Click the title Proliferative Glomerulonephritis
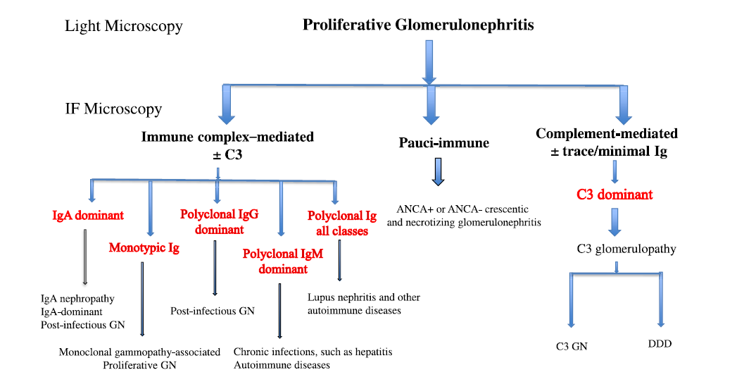tap(418, 25)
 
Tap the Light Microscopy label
tap(124, 27)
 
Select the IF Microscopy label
tap(113, 109)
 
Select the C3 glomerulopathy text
tap(617, 248)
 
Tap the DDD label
tap(660, 343)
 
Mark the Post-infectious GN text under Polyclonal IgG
tap(212, 310)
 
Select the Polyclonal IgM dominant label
tap(282, 261)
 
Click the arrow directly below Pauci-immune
tap(438, 171)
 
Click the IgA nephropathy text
tap(77, 299)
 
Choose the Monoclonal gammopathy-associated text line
tap(139, 352)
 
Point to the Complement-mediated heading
tap(607, 134)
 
